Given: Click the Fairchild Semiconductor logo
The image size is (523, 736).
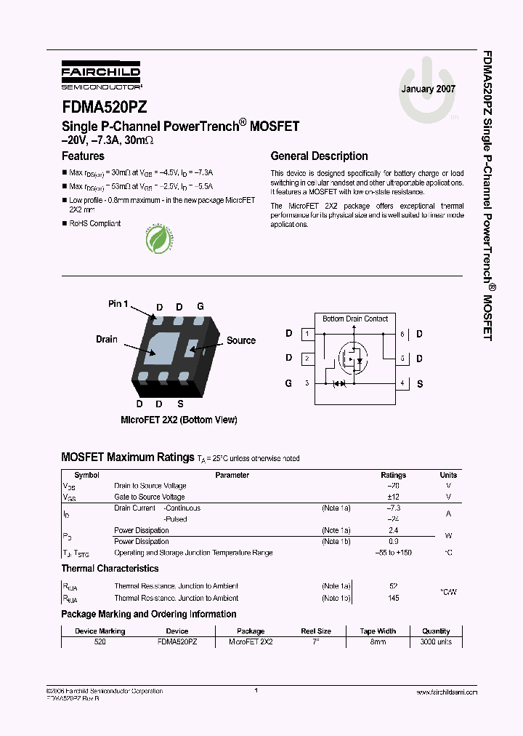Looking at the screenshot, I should point(101,75).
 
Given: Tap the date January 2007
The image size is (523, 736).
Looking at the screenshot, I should point(429,89).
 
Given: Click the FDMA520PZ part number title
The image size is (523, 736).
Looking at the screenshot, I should point(105,107).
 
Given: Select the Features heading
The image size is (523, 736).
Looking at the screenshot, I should point(83,156).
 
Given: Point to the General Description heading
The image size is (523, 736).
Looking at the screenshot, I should point(319,156).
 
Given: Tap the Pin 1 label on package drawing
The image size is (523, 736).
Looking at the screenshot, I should point(118,303).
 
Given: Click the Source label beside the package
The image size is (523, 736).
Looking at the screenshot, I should point(241,340).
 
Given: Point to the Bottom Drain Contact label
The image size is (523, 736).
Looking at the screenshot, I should point(355,319).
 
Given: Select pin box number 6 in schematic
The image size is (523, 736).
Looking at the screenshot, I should point(402,335).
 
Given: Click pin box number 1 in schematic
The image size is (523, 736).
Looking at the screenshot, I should point(307,335).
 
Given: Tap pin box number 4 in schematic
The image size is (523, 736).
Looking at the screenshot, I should point(402,383).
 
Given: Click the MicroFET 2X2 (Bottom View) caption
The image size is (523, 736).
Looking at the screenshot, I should point(179,420).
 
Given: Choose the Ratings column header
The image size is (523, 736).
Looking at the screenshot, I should point(394,475).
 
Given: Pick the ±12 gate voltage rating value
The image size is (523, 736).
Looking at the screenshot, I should point(394,497).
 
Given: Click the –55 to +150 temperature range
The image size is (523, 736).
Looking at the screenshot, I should point(394,553).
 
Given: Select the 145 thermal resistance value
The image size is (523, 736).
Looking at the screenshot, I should point(394,598).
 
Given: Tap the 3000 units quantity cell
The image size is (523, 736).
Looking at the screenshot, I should point(436,643).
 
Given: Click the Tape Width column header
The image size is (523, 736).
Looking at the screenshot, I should point(378,631).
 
